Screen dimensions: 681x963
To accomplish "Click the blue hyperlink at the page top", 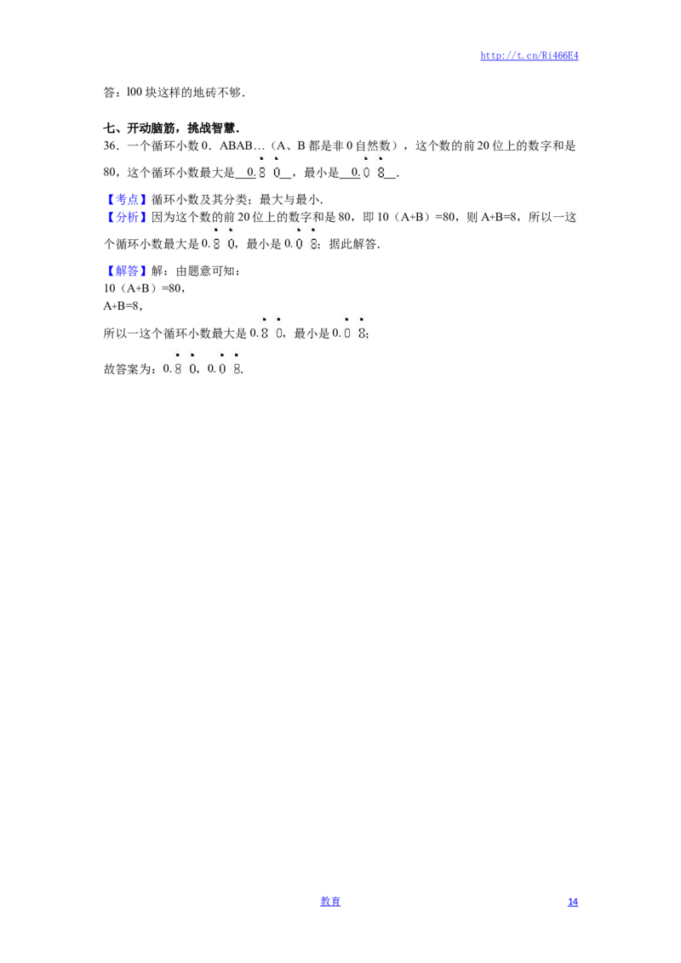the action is click(x=529, y=55).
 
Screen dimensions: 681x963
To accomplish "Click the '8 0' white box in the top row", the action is click(x=269, y=167).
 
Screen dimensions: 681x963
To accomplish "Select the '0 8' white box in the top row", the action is click(x=371, y=167).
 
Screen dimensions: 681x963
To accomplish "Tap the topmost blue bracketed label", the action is click(x=127, y=200).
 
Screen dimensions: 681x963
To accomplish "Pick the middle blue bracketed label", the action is click(x=127, y=217).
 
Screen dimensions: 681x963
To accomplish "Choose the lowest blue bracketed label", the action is click(x=127, y=271).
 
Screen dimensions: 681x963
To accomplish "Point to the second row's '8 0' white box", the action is click(x=221, y=238).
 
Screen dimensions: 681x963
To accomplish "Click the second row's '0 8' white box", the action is click(x=306, y=238).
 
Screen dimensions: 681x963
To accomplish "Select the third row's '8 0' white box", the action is click(x=269, y=327).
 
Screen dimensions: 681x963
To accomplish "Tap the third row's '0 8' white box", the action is click(x=354, y=327).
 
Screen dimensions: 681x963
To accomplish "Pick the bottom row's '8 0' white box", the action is click(x=184, y=364).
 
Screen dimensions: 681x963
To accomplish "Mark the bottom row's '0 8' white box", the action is click(x=228, y=364).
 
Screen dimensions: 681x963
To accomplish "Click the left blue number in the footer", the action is click(x=330, y=900).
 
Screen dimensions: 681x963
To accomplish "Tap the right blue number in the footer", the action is click(x=573, y=900).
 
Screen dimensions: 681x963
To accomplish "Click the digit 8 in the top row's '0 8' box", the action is click(x=381, y=173).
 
